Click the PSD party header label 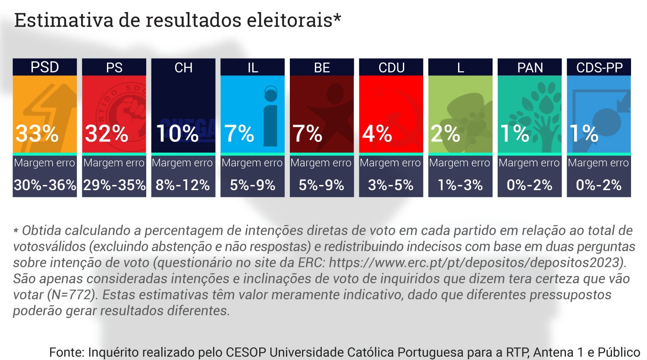click(45, 67)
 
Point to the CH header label click(183, 67)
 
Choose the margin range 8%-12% click(183, 185)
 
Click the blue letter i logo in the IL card click(270, 116)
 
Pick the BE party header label click(322, 67)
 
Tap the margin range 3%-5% click(391, 185)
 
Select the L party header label click(460, 67)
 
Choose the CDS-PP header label click(599, 67)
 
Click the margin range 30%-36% click(45, 185)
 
